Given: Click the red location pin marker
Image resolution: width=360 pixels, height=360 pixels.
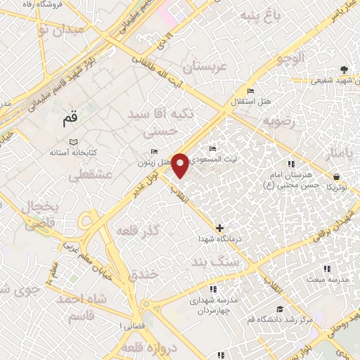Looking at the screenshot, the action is coord(181,165).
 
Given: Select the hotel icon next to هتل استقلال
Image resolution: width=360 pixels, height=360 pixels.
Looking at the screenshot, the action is coord(250,91).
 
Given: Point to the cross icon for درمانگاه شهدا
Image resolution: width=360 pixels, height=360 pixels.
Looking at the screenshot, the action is coord(220,228).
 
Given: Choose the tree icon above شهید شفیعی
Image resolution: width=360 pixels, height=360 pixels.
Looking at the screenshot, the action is coord(343,70).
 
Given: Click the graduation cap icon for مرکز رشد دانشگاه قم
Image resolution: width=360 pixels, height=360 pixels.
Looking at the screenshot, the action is coord(279,309).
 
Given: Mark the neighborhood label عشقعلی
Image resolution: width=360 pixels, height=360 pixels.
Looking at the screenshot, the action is coord(86,176).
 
